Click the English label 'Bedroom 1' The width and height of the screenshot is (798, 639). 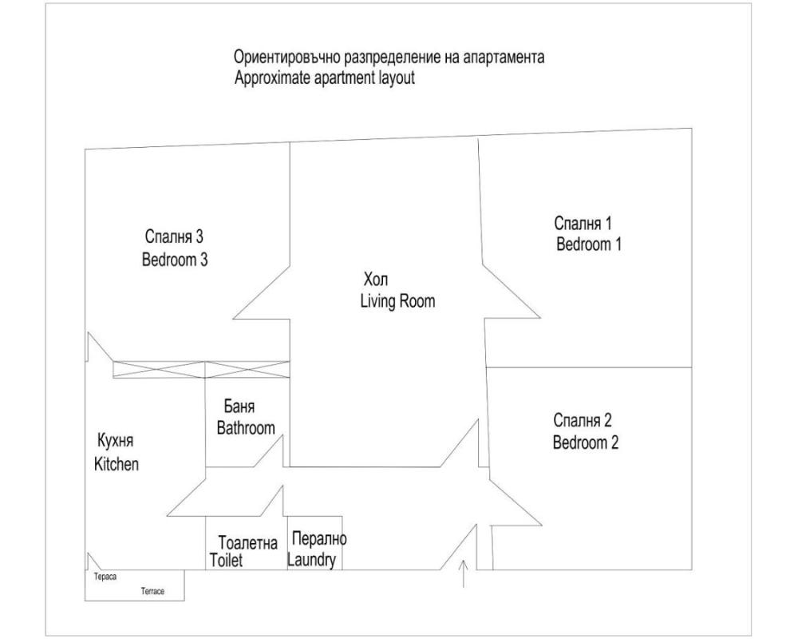pyautogui.click(x=588, y=244)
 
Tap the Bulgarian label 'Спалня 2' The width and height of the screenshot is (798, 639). pyautogui.click(x=583, y=420)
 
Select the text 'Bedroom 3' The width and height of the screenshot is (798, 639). pyautogui.click(x=175, y=260)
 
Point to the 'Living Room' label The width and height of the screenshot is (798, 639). pyautogui.click(x=397, y=300)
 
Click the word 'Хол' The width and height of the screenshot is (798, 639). pyautogui.click(x=376, y=280)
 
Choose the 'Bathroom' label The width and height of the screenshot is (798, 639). pyautogui.click(x=246, y=427)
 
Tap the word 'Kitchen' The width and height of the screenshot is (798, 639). pyautogui.click(x=117, y=464)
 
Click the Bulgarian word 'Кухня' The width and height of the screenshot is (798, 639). pyautogui.click(x=115, y=441)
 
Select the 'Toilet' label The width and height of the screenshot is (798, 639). pyautogui.click(x=226, y=560)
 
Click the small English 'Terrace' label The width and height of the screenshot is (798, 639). pyautogui.click(x=152, y=591)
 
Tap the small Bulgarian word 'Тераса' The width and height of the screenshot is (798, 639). pyautogui.click(x=105, y=577)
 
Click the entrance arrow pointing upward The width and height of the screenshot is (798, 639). pyautogui.click(x=463, y=574)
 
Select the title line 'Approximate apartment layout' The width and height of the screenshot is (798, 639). pyautogui.click(x=325, y=78)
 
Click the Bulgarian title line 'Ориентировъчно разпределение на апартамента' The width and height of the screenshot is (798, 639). pyautogui.click(x=389, y=57)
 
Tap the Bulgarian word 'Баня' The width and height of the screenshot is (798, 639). pyautogui.click(x=239, y=407)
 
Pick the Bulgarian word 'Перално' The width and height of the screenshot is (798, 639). pyautogui.click(x=319, y=538)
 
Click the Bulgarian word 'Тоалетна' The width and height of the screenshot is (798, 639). pyautogui.click(x=248, y=542)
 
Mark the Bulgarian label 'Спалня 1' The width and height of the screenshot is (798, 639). pyautogui.click(x=583, y=223)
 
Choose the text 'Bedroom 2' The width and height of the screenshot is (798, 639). pyautogui.click(x=586, y=442)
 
